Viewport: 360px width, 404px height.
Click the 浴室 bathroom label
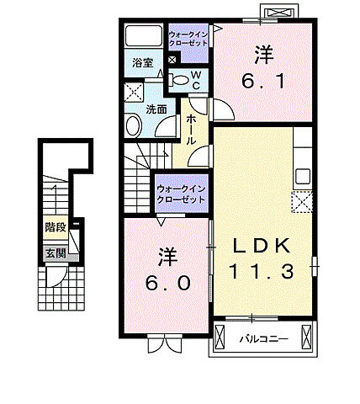pyautogui.click(x=142, y=63)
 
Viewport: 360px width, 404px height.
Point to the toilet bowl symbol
pyautogui.click(x=179, y=79)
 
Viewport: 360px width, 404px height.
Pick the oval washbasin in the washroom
pyautogui.click(x=134, y=127)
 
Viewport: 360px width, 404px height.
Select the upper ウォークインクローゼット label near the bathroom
pyautogui.click(x=186, y=36)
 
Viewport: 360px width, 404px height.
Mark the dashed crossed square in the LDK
pyautogui.click(x=302, y=201)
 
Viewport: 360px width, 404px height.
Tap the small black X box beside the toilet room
pyautogui.click(x=172, y=60)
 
